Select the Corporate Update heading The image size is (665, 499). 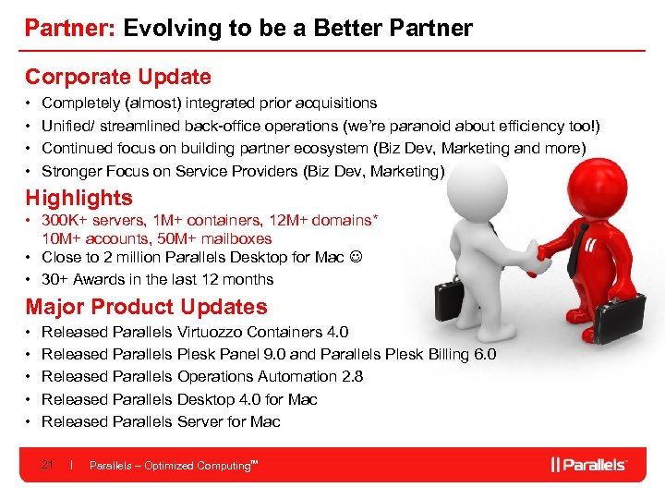117,78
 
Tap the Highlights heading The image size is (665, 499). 79,198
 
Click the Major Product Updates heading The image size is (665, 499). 146,307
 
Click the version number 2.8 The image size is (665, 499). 351,377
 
